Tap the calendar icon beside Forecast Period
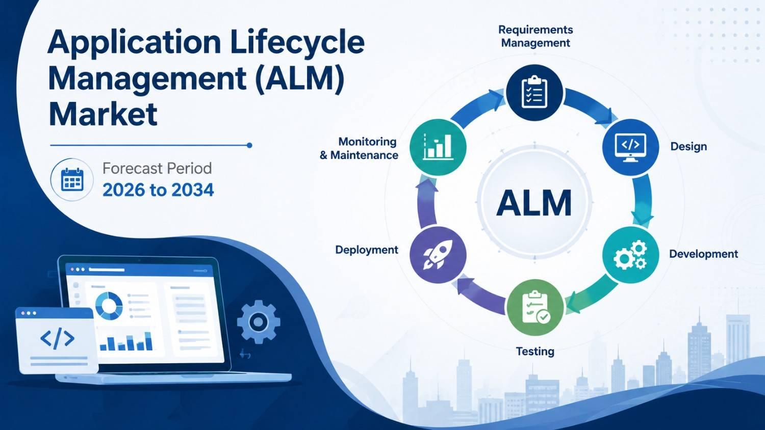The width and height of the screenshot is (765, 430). click(72, 179)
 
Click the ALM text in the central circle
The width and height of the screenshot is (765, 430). click(534, 203)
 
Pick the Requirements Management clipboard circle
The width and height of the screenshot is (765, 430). click(534, 93)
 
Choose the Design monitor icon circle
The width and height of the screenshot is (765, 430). click(630, 147)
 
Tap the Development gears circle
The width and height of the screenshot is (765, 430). click(630, 255)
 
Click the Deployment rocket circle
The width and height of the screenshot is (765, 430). click(438, 255)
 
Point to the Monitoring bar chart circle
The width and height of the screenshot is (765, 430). click(438, 147)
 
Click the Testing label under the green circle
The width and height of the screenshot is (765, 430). click(535, 352)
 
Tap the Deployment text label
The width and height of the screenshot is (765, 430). click(367, 250)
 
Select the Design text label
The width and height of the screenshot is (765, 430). click(688, 147)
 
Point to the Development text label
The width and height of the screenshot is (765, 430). click(703, 254)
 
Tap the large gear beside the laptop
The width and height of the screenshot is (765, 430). click(259, 321)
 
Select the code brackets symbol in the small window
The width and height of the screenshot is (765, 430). click(57, 338)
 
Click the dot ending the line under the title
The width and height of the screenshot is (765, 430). click(249, 145)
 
